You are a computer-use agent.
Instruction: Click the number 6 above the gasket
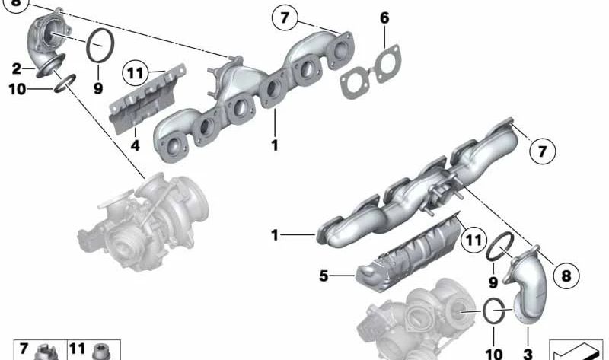(x=384, y=18)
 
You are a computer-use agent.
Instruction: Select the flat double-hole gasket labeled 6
(x=371, y=72)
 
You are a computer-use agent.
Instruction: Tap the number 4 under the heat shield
(x=135, y=145)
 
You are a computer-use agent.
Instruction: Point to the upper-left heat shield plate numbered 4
(x=148, y=99)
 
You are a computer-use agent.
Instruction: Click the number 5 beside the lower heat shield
(x=324, y=276)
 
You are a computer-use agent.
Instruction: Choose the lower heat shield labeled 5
(x=409, y=252)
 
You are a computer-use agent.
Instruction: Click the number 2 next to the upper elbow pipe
(x=16, y=69)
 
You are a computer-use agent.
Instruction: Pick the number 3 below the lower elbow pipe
(x=528, y=354)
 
